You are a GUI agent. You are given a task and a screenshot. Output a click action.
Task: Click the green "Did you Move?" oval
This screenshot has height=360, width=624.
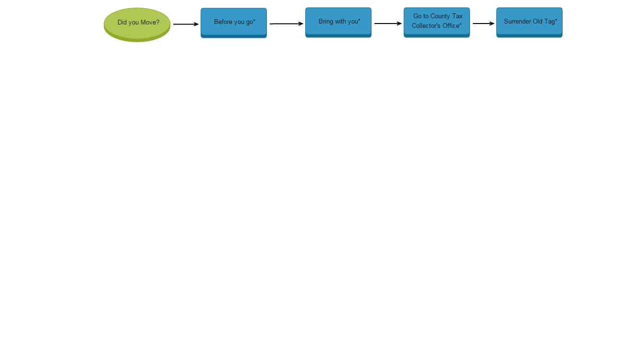pyautogui.click(x=137, y=24)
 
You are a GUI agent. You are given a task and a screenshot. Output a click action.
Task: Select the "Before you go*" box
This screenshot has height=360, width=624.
pyautogui.click(x=233, y=22)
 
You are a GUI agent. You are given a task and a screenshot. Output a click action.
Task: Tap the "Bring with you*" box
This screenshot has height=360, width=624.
pyautogui.click(x=338, y=22)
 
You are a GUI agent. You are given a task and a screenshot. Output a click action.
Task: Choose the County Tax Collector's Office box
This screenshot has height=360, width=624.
pyautogui.click(x=436, y=22)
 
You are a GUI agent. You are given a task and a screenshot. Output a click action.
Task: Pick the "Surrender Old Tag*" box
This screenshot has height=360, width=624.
pyautogui.click(x=529, y=22)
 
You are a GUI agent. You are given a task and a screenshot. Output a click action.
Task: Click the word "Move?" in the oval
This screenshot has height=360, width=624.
pyautogui.click(x=150, y=23)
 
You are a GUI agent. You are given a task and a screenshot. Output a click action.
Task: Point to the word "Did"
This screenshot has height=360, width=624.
pyautogui.click(x=122, y=23)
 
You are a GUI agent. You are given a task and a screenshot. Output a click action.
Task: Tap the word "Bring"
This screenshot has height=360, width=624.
pyautogui.click(x=325, y=22)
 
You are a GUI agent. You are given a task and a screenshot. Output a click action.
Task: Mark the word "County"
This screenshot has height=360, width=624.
pyautogui.click(x=440, y=16)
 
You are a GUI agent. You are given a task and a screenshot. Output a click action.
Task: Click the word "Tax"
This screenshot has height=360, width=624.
pyautogui.click(x=457, y=16)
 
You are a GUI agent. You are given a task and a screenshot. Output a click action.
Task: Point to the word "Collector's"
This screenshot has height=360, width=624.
pyautogui.click(x=427, y=26)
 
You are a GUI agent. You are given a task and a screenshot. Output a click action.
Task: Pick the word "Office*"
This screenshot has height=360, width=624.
pyautogui.click(x=452, y=26)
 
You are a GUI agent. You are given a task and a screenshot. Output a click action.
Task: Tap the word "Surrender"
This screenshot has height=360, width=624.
pyautogui.click(x=517, y=22)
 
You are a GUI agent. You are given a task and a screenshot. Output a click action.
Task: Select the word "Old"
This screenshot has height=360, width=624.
pyautogui.click(x=538, y=22)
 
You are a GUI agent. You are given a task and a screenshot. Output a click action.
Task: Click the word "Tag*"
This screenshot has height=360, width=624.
pyautogui.click(x=551, y=22)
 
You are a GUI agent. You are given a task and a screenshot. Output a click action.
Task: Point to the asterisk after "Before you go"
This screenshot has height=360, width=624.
pyautogui.click(x=254, y=21)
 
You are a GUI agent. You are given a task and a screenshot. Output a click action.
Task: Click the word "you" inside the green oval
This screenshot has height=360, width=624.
pyautogui.click(x=134, y=23)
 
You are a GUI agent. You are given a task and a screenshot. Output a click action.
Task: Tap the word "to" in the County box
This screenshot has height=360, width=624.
pyautogui.click(x=426, y=16)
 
